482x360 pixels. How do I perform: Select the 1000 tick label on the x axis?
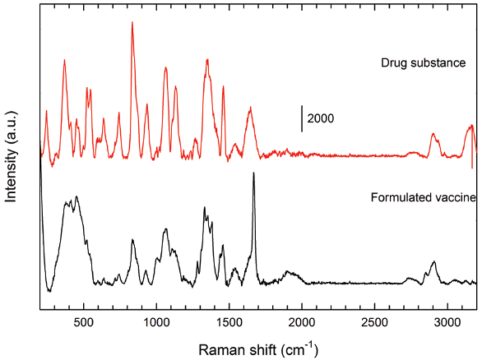tap(156, 324)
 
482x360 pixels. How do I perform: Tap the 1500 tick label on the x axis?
tap(229, 324)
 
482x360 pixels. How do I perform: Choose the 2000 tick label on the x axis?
tap(302, 324)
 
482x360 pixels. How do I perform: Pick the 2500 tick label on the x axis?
tap(375, 324)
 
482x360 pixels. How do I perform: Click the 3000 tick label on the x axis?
tap(447, 324)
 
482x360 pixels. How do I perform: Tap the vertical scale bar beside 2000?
tap(302, 118)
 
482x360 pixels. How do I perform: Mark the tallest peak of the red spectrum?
tap(132, 23)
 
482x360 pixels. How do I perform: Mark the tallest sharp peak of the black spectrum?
tap(253, 173)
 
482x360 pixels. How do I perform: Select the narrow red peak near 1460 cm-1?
tap(223, 87)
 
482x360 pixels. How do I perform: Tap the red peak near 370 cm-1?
tap(64, 61)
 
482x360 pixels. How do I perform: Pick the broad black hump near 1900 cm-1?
tap(289, 272)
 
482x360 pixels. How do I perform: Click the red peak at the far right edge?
tap(471, 126)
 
